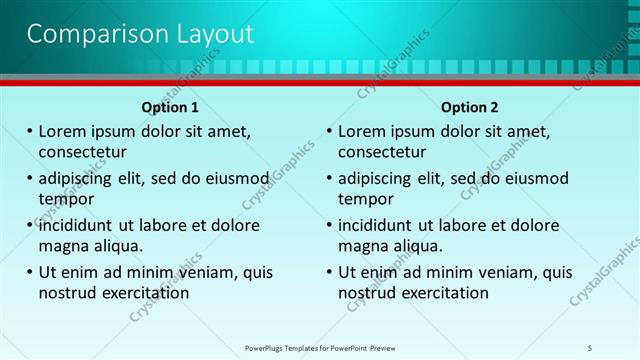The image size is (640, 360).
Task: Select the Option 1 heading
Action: pyautogui.click(x=170, y=107)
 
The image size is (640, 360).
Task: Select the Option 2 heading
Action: pyautogui.click(x=469, y=107)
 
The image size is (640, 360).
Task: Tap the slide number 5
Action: pyautogui.click(x=590, y=347)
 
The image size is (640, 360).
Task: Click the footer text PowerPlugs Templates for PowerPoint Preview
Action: pyautogui.click(x=320, y=347)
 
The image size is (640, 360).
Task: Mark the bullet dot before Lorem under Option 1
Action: pyautogui.click(x=29, y=131)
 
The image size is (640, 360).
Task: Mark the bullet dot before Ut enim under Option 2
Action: pyautogui.click(x=329, y=272)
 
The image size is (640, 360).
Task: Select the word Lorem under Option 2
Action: pyautogui.click(x=363, y=131)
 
